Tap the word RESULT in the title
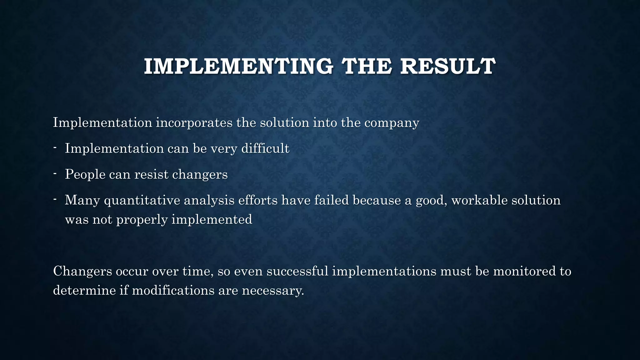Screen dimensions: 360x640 point(447,67)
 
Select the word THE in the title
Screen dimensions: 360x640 point(366,67)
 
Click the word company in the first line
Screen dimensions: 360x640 point(392,123)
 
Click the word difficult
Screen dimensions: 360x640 point(265,148)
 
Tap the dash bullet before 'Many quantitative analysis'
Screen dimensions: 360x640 point(55,199)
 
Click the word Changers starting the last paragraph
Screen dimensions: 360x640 point(82,271)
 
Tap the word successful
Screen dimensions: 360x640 point(297,271)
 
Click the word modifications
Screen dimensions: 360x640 point(173,290)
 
